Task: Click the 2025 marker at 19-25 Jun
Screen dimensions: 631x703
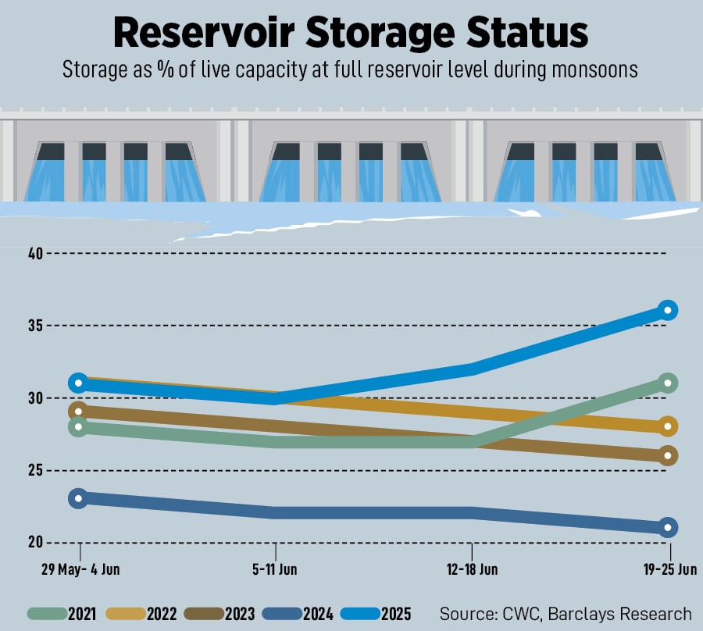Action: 668,310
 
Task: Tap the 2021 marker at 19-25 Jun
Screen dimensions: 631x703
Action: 668,383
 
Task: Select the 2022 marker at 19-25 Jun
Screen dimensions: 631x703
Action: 668,426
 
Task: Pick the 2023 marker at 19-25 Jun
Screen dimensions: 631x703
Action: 668,455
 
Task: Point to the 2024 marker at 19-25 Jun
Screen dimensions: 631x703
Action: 668,527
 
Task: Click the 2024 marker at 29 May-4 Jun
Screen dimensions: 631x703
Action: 78,498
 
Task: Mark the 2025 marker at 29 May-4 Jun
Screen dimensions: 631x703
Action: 78,383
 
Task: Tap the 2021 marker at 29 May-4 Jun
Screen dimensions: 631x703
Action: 78,426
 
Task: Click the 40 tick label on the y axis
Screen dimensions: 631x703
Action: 34,253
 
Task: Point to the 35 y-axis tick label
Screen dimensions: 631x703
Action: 34,326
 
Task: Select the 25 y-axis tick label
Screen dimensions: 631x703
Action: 34,470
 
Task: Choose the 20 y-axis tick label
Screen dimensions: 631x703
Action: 34,542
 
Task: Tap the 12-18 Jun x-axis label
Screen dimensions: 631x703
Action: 473,569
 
